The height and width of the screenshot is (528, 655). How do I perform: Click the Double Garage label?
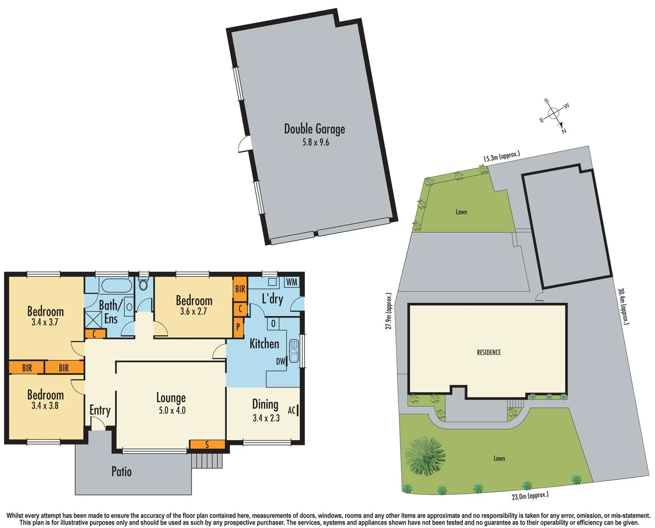click(314, 129)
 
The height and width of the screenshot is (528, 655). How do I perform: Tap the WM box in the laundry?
click(291, 282)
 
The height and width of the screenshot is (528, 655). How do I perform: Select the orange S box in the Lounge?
click(207, 444)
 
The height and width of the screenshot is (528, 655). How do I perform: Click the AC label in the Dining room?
click(291, 410)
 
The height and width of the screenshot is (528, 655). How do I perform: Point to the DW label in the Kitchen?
click(281, 361)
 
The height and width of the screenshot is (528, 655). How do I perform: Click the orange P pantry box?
click(239, 326)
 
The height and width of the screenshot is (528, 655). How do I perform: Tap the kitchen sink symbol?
click(294, 351)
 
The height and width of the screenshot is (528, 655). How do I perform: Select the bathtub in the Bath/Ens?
click(116, 286)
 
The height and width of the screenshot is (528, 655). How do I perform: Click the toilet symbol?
click(144, 284)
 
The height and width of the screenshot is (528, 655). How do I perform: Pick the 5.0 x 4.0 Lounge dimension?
click(172, 411)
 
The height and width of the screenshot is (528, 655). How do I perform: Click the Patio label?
click(121, 472)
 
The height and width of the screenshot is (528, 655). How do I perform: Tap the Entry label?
click(100, 411)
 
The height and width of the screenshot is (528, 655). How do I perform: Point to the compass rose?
click(554, 114)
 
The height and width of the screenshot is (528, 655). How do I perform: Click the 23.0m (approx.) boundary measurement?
click(530, 496)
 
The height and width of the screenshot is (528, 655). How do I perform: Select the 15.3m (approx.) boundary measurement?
click(501, 156)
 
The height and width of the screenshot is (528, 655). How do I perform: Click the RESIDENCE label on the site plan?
click(488, 352)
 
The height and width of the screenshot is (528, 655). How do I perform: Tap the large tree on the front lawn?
click(425, 456)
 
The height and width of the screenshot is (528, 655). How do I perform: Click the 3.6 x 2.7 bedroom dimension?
click(194, 311)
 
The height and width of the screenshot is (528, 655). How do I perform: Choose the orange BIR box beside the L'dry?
click(240, 289)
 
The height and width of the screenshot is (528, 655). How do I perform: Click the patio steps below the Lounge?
click(206, 461)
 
